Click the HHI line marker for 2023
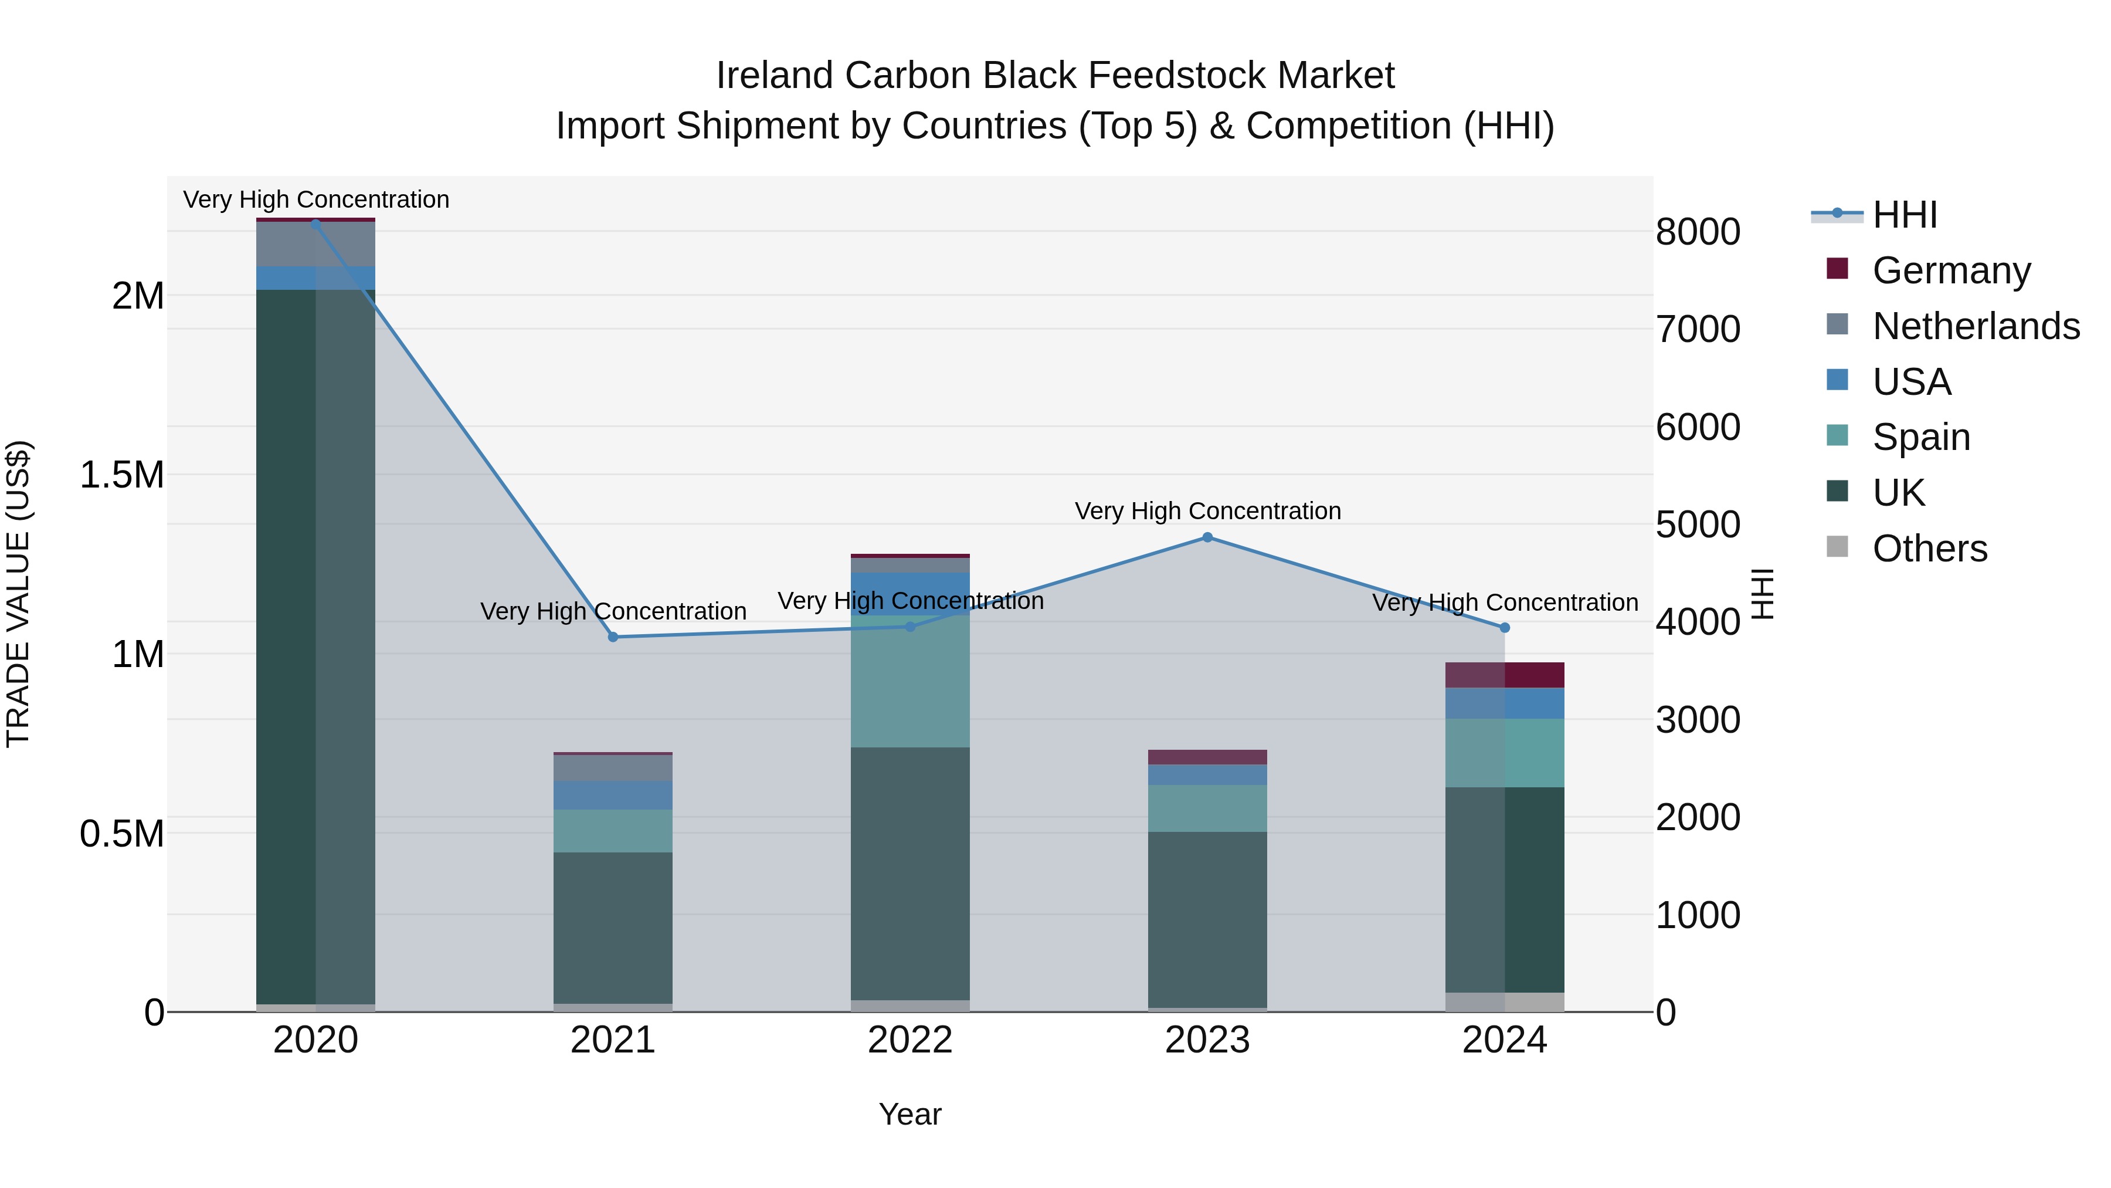point(1207,537)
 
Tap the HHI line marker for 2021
point(613,637)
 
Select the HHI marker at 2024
point(1505,628)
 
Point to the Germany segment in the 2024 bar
point(1505,675)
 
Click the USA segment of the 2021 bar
point(613,796)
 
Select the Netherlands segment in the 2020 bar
point(315,244)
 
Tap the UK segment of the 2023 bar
point(1207,918)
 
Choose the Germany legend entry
point(1951,270)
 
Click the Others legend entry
point(1930,549)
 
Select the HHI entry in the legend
point(1905,215)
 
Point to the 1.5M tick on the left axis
point(122,475)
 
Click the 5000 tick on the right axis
point(1698,524)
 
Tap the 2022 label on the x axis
point(909,1040)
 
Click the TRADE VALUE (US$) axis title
point(18,594)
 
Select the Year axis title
point(909,1114)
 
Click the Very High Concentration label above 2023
point(1207,511)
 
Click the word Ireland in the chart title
point(775,76)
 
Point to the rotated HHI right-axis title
point(1762,594)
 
